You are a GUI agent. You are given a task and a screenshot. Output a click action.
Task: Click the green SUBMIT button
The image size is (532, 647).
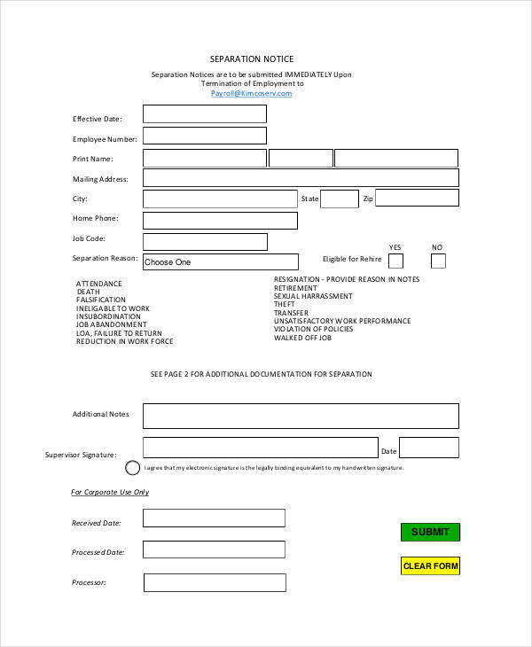click(x=430, y=532)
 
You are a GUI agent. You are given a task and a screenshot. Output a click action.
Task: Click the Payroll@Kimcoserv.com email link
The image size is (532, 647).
click(x=251, y=93)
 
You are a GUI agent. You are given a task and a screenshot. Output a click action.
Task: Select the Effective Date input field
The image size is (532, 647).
click(x=205, y=114)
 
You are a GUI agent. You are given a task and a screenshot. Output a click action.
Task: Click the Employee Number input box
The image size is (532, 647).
click(x=205, y=136)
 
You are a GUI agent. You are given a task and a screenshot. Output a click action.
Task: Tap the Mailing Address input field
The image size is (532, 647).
click(x=301, y=177)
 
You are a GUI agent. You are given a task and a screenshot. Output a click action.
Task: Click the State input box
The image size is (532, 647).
click(x=339, y=199)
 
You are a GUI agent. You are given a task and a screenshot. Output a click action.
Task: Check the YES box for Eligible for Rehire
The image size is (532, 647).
click(x=395, y=261)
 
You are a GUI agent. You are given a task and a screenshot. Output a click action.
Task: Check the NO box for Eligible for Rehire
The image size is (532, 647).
click(x=438, y=261)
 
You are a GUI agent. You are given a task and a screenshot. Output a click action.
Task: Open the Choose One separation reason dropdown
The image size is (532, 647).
click(x=220, y=262)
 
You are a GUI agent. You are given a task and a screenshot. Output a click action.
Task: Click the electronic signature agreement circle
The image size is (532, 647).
click(x=132, y=468)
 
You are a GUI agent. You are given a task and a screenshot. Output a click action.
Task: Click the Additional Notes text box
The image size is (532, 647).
click(x=301, y=416)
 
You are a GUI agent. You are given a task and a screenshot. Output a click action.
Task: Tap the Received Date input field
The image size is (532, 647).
click(x=214, y=518)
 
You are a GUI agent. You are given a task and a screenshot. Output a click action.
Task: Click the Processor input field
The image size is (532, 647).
click(x=214, y=582)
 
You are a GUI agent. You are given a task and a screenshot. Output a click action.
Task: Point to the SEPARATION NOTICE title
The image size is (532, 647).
click(x=252, y=59)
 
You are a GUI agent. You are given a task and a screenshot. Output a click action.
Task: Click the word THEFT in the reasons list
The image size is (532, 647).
click(x=285, y=305)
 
